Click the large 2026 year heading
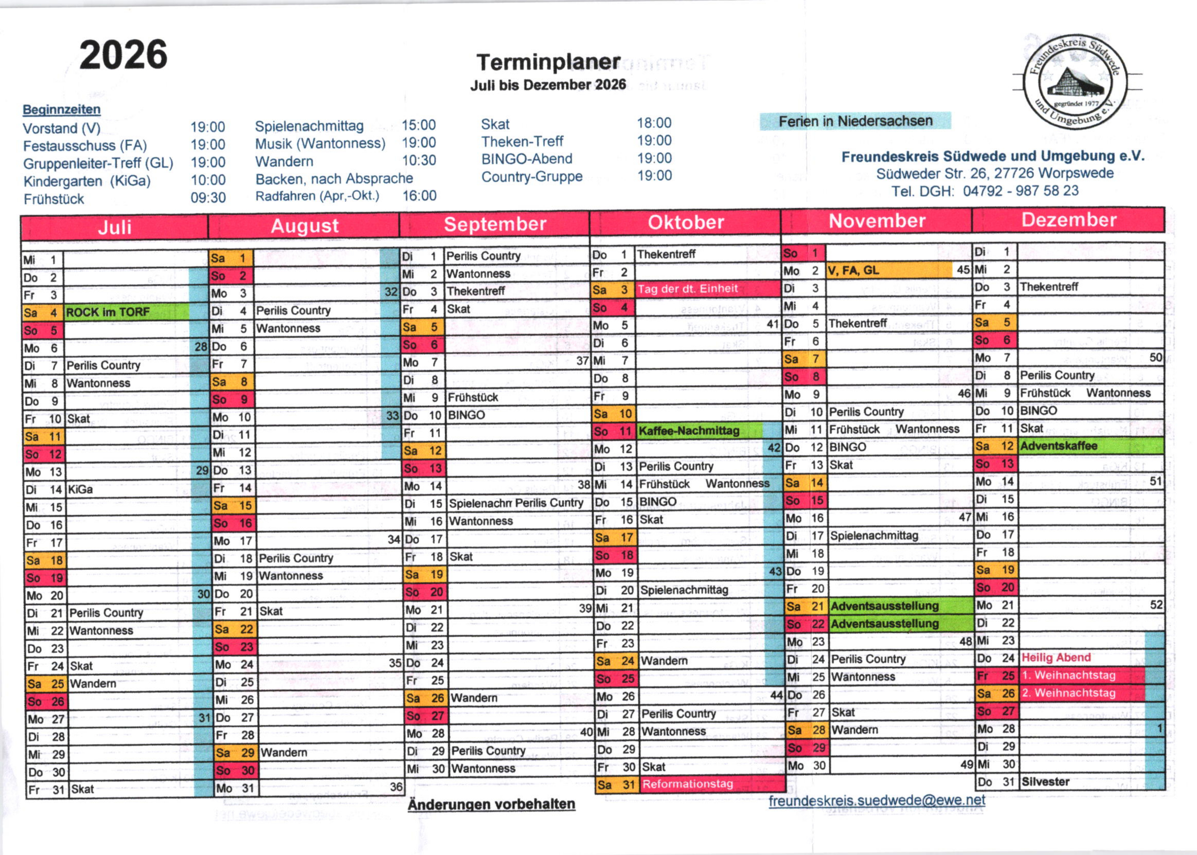pyautogui.click(x=123, y=55)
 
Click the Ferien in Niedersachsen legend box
pyautogui.click(x=855, y=121)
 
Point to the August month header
pyautogui.click(x=304, y=226)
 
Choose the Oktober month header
pyautogui.click(x=685, y=222)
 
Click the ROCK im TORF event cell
pyautogui.click(x=126, y=312)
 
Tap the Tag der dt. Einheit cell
pyautogui.click(x=707, y=289)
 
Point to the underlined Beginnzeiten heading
pyautogui.click(x=62, y=109)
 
